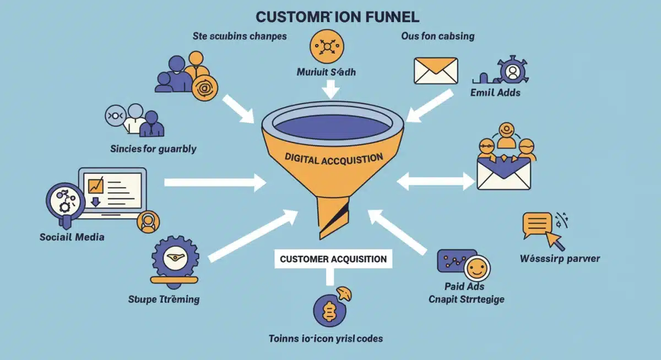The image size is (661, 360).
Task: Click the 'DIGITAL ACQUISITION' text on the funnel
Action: tap(334, 158)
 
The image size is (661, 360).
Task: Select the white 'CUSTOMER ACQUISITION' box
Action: tap(333, 259)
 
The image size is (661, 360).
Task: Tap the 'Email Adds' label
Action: tap(495, 92)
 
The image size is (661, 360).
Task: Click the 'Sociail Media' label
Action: tap(72, 237)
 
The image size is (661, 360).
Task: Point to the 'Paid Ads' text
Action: tap(464, 286)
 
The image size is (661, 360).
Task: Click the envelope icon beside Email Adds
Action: tap(436, 70)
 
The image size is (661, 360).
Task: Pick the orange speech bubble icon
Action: tap(537, 223)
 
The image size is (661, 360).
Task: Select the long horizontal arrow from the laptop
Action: tap(215, 182)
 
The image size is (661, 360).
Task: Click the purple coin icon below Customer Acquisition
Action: tap(328, 309)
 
